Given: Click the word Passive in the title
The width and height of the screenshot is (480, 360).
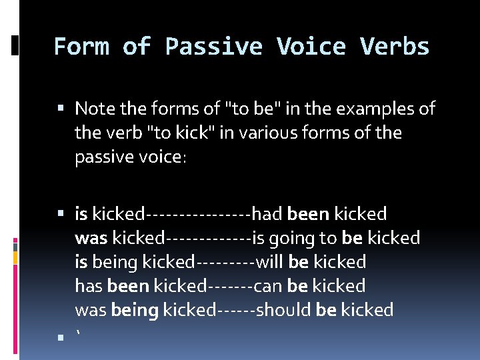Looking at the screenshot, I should tap(213, 47).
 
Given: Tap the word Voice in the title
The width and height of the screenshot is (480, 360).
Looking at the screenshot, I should tap(311, 47).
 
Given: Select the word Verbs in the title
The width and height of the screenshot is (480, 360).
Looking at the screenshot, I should tap(395, 47).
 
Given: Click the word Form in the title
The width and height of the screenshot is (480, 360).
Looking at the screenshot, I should tap(81, 47).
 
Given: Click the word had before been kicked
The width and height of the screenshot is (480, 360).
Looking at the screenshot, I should tap(267, 214).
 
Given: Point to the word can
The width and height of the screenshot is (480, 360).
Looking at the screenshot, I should tap(269, 286).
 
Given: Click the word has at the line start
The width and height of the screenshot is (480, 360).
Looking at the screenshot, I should tap(89, 286).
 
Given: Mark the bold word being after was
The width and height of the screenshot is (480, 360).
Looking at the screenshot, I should tap(135, 310).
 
